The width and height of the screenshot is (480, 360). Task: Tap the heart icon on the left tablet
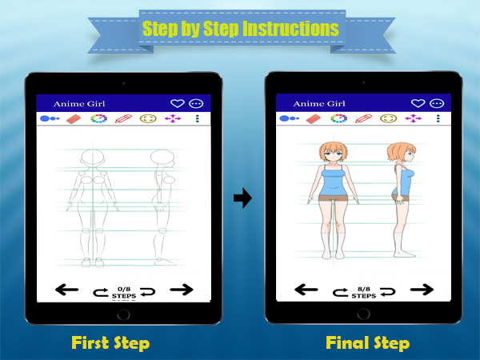click(x=178, y=104)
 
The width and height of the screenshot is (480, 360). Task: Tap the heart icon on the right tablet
click(x=418, y=103)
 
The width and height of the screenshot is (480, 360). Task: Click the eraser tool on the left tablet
click(x=73, y=118)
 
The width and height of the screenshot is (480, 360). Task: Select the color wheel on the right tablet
click(x=338, y=118)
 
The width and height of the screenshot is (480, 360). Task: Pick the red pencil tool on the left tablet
click(x=123, y=118)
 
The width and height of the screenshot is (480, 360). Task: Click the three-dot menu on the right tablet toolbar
click(x=438, y=118)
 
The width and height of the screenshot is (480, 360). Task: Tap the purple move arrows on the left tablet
click(x=173, y=118)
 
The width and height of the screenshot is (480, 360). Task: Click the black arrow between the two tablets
click(x=242, y=198)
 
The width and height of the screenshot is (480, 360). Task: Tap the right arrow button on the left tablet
click(x=182, y=290)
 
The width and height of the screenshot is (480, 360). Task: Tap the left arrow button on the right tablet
click(x=306, y=290)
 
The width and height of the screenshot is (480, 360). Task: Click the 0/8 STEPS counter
click(x=124, y=293)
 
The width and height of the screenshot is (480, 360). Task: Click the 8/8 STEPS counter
click(x=364, y=293)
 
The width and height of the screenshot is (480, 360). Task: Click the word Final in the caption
click(x=346, y=342)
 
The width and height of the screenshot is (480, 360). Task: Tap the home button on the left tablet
click(x=123, y=314)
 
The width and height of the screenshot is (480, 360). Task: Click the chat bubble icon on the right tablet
click(x=437, y=103)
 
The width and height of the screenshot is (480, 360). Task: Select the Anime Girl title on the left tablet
click(x=79, y=104)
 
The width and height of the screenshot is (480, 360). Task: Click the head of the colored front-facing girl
click(x=334, y=152)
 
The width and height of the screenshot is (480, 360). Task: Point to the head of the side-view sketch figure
click(x=162, y=158)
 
